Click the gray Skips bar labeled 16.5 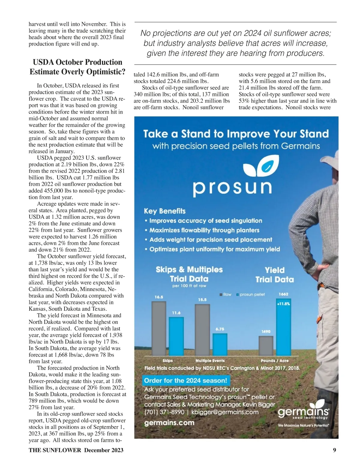coord(159,328)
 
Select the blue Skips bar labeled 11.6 coord(176,336)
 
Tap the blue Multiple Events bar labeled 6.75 coord(220,344)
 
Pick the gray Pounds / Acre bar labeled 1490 coord(266,346)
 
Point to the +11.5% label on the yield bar coord(283,304)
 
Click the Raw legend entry coord(226,295)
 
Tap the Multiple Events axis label coord(210,361)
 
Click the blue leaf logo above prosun coord(261,167)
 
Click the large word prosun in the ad coord(232,187)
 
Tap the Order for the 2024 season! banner coord(186,380)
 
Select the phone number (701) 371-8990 coord(164,412)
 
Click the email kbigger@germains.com coord(225,412)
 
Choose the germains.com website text coord(169,423)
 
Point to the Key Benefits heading coord(165,211)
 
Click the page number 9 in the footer coord(334,450)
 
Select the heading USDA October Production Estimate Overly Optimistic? coord(77,67)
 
